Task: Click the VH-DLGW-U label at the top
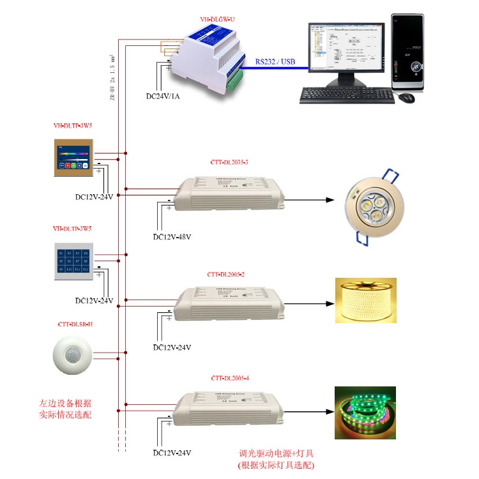click(x=217, y=20)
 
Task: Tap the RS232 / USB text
click(x=275, y=61)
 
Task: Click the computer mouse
click(x=406, y=98)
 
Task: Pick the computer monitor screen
click(x=345, y=47)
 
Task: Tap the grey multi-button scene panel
click(x=73, y=261)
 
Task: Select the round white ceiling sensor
click(x=73, y=355)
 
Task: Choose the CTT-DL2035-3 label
click(x=229, y=162)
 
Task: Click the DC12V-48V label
click(x=172, y=237)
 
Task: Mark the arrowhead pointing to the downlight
click(x=330, y=200)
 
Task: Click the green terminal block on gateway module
click(x=236, y=78)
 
